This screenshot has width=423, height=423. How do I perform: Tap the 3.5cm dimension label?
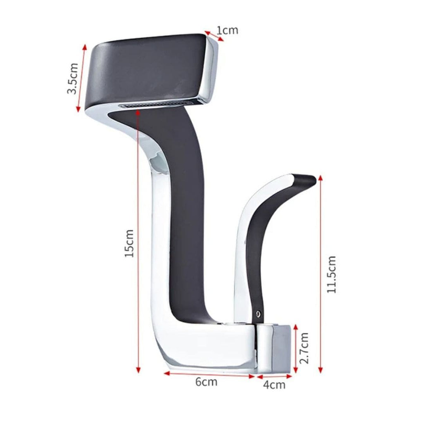point(73,78)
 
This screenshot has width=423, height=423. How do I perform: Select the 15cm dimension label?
point(129,243)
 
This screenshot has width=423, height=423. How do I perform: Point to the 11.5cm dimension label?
point(331,274)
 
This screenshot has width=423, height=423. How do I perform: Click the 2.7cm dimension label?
point(304,348)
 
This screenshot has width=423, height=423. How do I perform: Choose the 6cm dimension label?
point(207,382)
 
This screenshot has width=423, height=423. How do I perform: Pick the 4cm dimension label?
point(274,385)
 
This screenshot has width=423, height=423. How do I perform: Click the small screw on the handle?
point(258,313)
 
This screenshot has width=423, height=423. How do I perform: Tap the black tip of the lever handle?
point(304,180)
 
